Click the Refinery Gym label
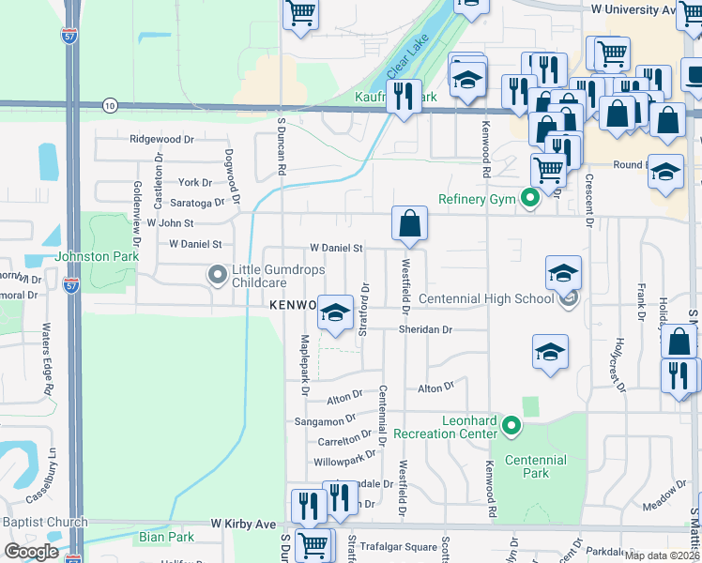pyautogui.click(x=477, y=199)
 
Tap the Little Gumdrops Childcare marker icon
pyautogui.click(x=218, y=275)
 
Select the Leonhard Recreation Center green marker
pyautogui.click(x=511, y=427)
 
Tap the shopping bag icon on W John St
pyautogui.click(x=410, y=224)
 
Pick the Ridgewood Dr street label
pyautogui.click(x=161, y=139)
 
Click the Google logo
pyautogui.click(x=32, y=551)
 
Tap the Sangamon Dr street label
pyautogui.click(x=325, y=421)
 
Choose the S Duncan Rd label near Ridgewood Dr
pyautogui.click(x=281, y=146)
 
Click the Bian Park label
pyautogui.click(x=166, y=538)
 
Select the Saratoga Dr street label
pyautogui.click(x=198, y=202)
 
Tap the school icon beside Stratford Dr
pyautogui.click(x=334, y=313)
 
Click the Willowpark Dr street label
pyautogui.click(x=344, y=461)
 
